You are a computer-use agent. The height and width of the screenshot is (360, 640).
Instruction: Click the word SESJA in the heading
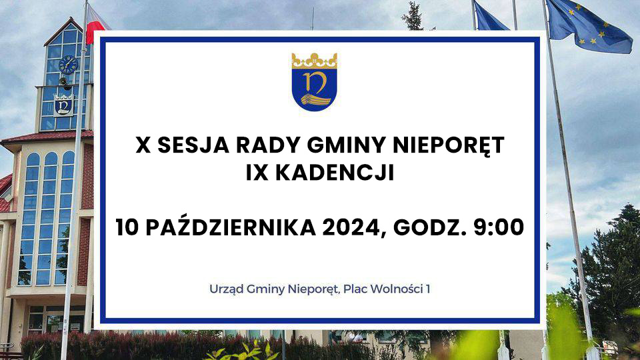193,145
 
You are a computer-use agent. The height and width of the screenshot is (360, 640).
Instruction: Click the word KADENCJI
335,173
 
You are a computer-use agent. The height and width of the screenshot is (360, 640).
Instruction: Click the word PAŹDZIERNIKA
231,227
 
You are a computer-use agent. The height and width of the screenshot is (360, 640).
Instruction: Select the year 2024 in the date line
351,227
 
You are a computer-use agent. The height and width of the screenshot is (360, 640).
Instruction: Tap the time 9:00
499,227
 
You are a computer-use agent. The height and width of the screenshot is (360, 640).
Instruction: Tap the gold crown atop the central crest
314,61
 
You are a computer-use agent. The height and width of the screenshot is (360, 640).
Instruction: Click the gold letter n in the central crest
315,81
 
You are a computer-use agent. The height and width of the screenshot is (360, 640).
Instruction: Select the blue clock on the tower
68,65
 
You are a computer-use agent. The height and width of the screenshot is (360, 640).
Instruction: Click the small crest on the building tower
64,105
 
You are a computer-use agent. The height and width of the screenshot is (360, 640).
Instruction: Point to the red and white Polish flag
96,25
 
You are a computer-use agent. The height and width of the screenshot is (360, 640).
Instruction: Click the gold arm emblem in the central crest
315,99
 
